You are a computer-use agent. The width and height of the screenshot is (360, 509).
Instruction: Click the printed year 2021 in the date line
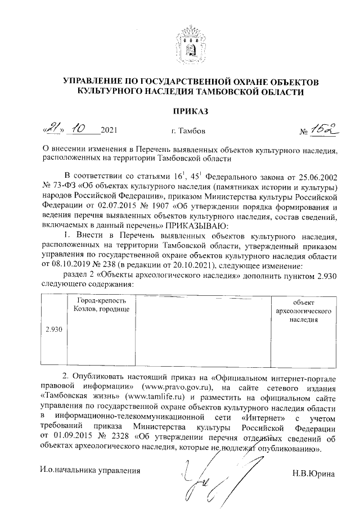tap(109, 131)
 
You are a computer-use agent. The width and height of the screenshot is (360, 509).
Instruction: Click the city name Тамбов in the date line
tap(192, 132)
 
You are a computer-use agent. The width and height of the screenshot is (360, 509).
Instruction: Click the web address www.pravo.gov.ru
tap(178, 388)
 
